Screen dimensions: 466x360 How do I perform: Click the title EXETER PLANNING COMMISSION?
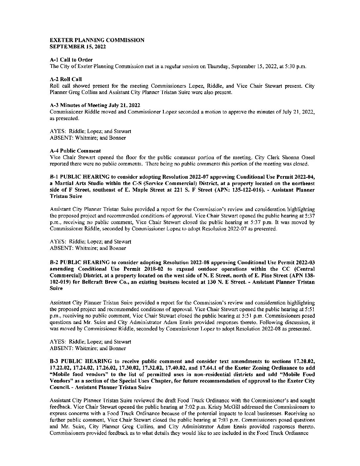97,40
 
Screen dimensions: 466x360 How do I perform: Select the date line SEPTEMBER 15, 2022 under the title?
77,47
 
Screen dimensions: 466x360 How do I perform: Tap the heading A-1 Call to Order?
71,60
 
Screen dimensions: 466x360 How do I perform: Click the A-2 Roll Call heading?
66,79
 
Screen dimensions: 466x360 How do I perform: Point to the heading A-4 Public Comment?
75,151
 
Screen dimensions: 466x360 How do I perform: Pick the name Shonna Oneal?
301,157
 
